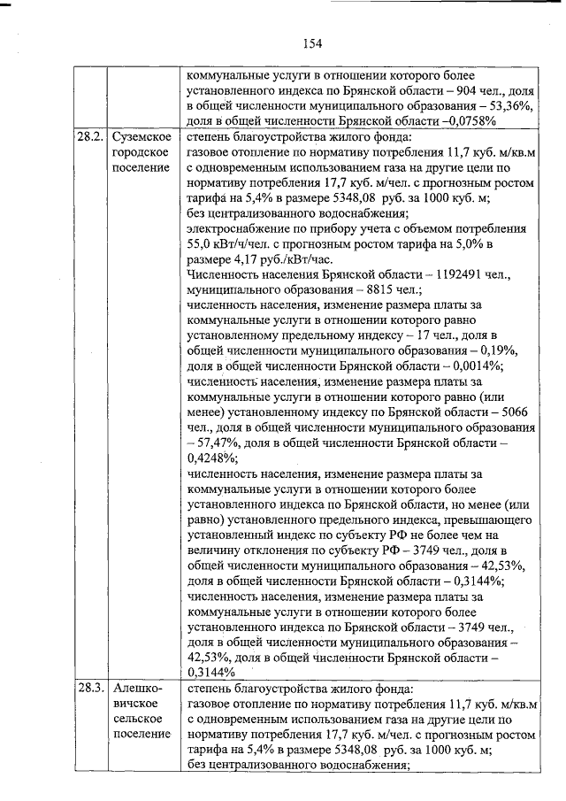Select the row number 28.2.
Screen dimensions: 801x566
pyautogui.click(x=89, y=139)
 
